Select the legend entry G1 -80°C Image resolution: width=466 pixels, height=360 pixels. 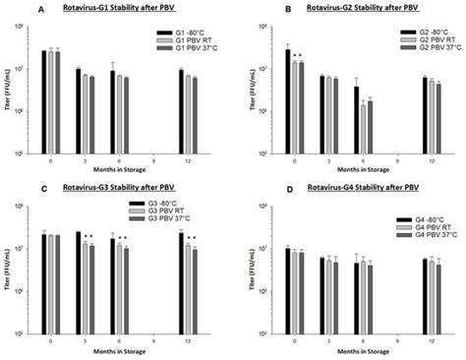pos(178,33)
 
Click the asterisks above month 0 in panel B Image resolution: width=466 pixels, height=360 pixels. pos(297,55)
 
